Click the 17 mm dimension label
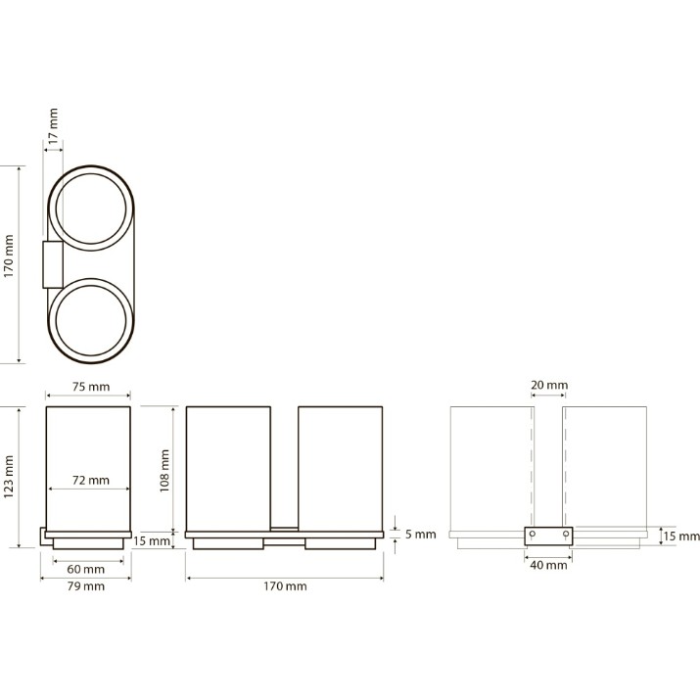[53, 126]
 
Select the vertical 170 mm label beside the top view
[9, 257]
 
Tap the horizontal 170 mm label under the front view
[285, 586]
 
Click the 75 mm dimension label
[91, 387]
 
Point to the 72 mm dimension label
[91, 481]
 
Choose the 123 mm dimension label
[9, 477]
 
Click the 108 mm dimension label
[164, 471]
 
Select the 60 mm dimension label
[86, 569]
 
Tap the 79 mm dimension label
[86, 586]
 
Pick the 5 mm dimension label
[421, 535]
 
